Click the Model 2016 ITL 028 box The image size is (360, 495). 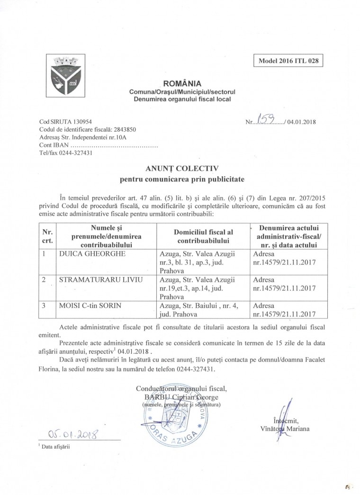pos(288,61)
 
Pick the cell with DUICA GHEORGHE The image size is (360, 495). pos(86,253)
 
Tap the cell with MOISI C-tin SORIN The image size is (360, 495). pos(89,306)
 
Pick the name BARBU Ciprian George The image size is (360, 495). pos(181,397)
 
